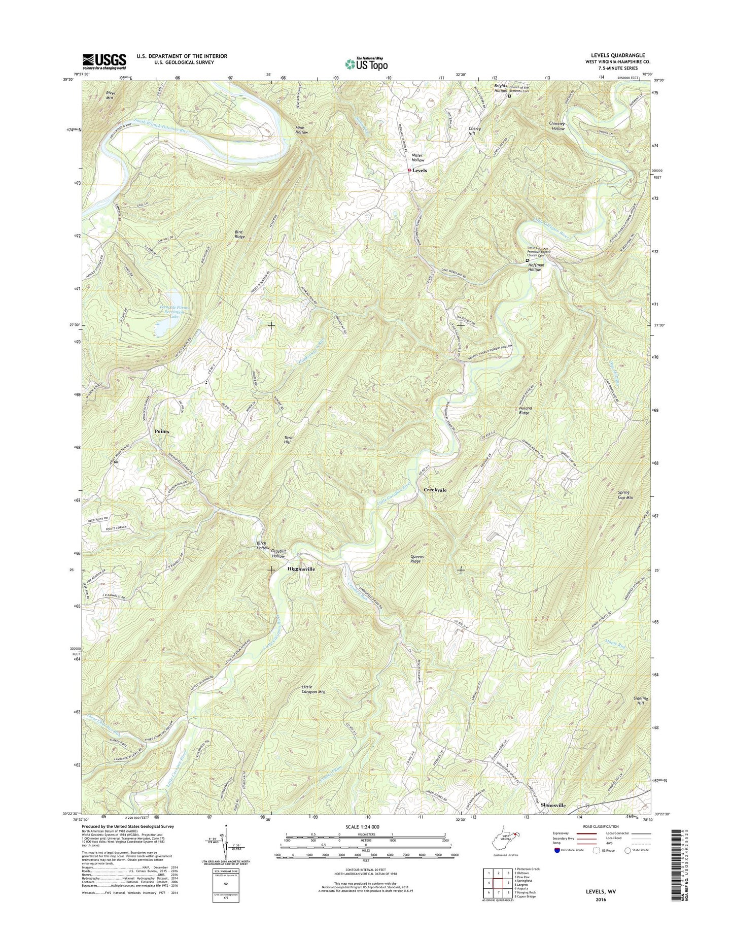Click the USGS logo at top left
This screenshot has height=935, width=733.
[x=104, y=61]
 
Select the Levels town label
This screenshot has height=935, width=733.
[x=420, y=171]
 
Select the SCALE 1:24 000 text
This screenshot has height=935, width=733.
[x=366, y=841]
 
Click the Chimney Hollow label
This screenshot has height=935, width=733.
[x=557, y=126]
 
